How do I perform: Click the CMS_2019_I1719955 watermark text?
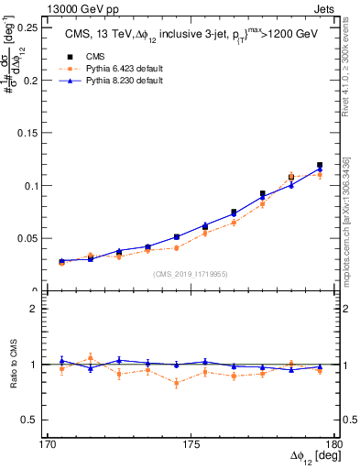[190, 273]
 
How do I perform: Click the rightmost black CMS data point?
[320, 165]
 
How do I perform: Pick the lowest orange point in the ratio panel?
[176, 383]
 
